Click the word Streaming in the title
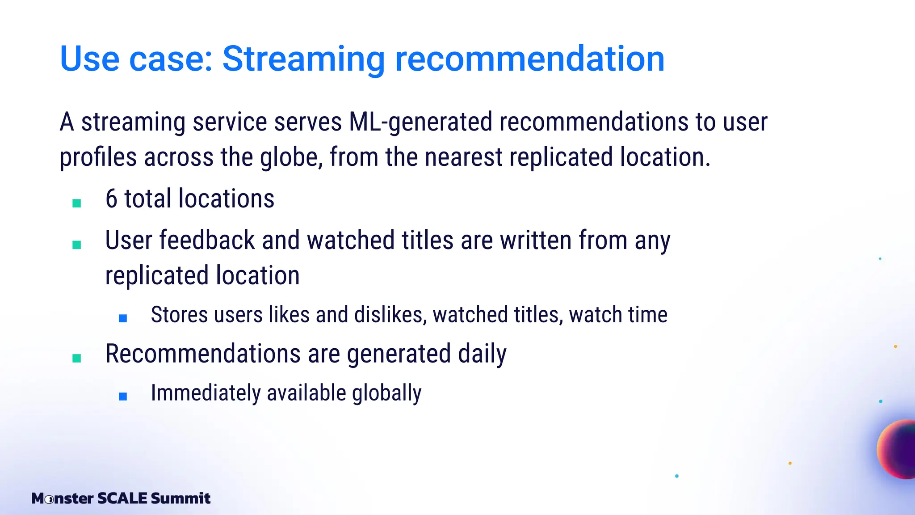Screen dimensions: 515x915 (303, 59)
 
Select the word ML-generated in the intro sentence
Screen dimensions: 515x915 (420, 122)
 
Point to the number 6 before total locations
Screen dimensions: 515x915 (111, 199)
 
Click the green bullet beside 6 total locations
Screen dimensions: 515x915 (77, 203)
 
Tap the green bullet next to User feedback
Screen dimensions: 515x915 (77, 245)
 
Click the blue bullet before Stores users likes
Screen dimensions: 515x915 (123, 318)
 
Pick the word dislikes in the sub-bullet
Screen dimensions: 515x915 (390, 315)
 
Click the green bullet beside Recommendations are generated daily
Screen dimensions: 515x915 (77, 358)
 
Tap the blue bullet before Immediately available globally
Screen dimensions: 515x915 (123, 396)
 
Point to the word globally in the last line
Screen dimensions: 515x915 (386, 393)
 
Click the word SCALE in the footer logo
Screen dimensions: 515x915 (122, 498)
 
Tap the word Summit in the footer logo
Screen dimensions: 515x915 (180, 498)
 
